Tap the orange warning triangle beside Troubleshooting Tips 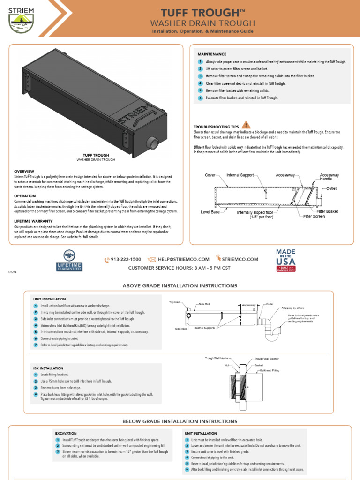[x=247, y=125]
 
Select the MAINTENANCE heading [x=212, y=54]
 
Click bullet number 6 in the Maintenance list [x=200, y=98]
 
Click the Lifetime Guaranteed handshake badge [x=69, y=260]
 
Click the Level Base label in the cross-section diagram [x=210, y=212]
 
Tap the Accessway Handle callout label [x=330, y=177]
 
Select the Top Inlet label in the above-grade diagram [x=174, y=302]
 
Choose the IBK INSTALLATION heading [x=48, y=368]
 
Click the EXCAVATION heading [x=66, y=434]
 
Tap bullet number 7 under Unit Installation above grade [x=36, y=345]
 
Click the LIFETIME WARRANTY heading [x=33, y=220]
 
